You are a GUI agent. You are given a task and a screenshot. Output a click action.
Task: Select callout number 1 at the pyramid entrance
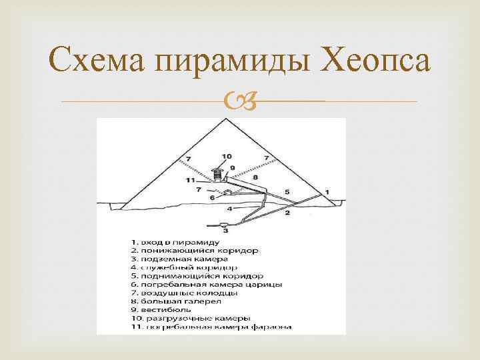(x=327, y=191)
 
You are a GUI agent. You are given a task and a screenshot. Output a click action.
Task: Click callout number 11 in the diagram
(x=191, y=180)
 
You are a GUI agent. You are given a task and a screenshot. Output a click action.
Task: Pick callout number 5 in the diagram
(x=287, y=192)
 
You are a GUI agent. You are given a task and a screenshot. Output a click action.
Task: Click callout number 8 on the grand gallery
(x=255, y=177)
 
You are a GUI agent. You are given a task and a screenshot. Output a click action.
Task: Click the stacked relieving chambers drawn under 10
(x=217, y=173)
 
